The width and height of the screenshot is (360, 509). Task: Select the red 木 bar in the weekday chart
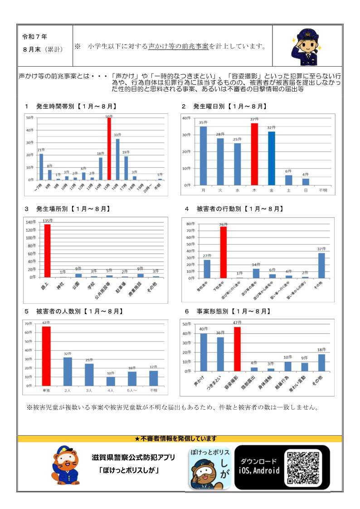tap(254, 154)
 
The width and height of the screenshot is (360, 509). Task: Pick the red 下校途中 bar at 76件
tap(223, 252)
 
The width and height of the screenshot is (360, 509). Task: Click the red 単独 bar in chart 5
tap(46, 356)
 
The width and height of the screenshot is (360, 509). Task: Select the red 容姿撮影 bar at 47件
tap(237, 349)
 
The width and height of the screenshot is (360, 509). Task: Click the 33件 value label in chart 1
tap(117, 135)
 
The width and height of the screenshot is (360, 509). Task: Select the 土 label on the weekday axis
tap(289, 190)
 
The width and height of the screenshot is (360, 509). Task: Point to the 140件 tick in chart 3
tap(30, 223)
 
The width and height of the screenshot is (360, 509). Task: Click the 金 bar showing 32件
tap(271, 158)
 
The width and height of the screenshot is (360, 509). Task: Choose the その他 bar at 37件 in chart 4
tap(321, 265)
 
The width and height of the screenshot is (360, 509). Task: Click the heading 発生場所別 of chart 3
tap(52, 209)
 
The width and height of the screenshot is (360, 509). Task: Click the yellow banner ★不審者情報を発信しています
tap(180, 439)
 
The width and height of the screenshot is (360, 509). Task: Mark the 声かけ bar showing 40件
tap(204, 352)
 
